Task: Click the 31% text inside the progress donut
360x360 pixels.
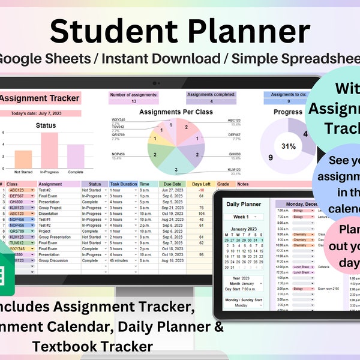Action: [288, 146]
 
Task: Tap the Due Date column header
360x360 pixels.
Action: [172, 184]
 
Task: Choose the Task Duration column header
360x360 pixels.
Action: [123, 184]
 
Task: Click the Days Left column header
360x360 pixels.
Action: [201, 184]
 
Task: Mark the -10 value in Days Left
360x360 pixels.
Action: [202, 190]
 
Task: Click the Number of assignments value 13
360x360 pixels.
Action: [133, 101]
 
